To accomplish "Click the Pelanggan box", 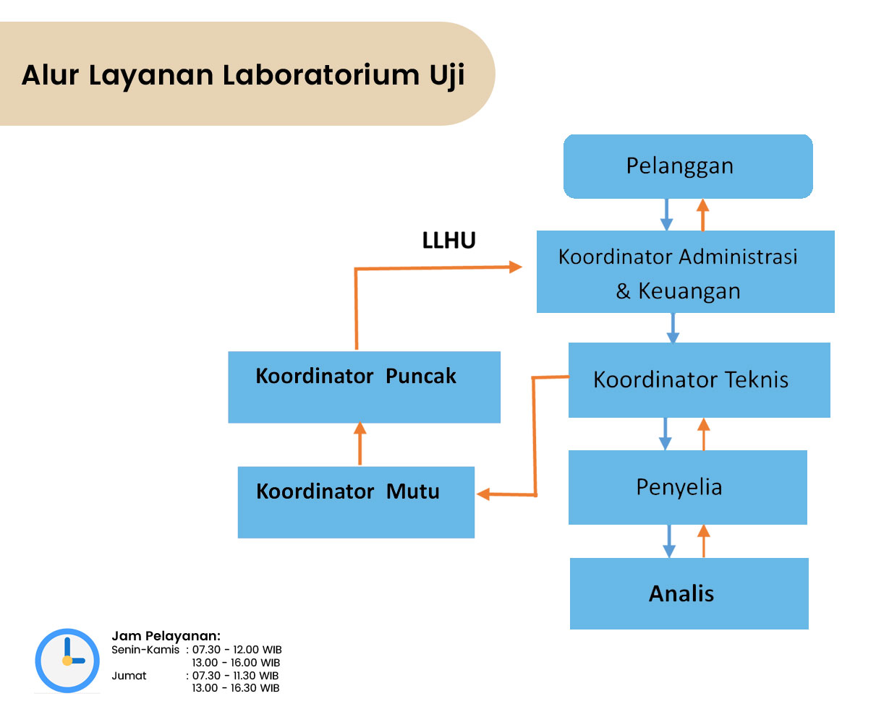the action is pos(687,166).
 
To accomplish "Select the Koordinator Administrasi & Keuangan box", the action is pos(685,272).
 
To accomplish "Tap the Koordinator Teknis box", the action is pos(699,380).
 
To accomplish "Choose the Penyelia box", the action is pos(688,487).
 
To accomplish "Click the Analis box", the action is pos(689,593).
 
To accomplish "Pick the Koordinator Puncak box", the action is pos(364,387).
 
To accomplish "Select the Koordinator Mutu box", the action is pos(356,502).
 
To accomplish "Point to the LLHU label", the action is pos(448,240).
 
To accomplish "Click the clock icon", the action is pos(67,661).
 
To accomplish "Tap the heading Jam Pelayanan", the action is pos(166,636).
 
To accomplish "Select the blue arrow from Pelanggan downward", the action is pos(666,215).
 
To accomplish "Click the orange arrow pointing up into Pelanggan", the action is pos(702,215).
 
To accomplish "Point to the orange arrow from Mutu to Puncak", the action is pos(360,443).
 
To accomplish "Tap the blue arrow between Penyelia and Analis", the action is pos(668,541).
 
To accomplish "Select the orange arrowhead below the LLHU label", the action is pos(515,267).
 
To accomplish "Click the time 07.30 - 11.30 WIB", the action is pos(235,676).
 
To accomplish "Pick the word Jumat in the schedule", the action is pos(129,676).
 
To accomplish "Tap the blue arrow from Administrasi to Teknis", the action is pos(673,328).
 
